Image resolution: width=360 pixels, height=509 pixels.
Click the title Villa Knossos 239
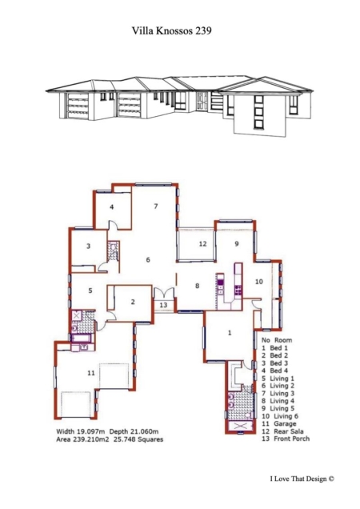tap(172, 30)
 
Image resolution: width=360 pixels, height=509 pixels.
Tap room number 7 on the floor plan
tap(156, 206)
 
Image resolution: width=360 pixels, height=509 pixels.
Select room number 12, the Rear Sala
tap(202, 243)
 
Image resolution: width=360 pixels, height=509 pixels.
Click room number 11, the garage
tap(91, 373)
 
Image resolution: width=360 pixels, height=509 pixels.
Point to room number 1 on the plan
tap(230, 333)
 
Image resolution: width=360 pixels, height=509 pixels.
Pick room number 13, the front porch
tap(163, 305)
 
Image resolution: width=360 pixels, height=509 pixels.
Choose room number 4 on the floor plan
tap(112, 206)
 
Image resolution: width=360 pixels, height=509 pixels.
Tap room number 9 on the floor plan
tap(237, 243)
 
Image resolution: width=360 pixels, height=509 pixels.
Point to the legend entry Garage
tap(285, 423)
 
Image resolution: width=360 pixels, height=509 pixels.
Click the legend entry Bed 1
tap(279, 347)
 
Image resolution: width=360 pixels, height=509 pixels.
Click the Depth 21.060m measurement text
tap(134, 431)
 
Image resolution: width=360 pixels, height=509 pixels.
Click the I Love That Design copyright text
tap(302, 479)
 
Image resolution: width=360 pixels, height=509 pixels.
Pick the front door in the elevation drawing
tap(202, 101)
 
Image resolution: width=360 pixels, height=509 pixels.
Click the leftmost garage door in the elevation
tap(78, 106)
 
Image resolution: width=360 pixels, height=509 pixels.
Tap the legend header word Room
tap(283, 340)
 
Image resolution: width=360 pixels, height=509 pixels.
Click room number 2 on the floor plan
tap(133, 302)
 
